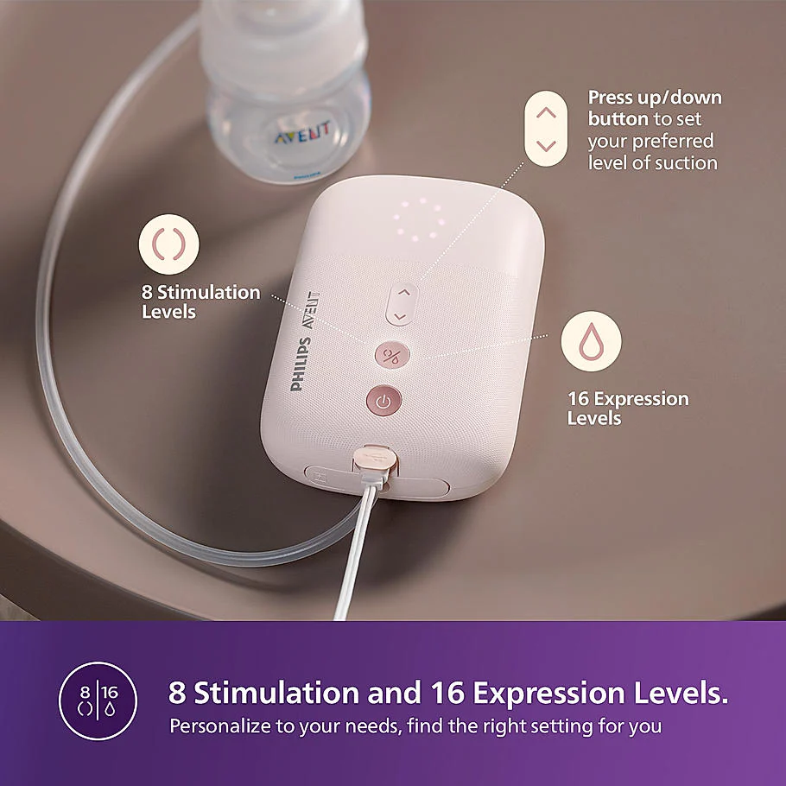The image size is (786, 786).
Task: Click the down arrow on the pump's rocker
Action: click(398, 317)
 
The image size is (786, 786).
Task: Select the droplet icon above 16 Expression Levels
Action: click(591, 342)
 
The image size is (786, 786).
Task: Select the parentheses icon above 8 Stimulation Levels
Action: click(169, 244)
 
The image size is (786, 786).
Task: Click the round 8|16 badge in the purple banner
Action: click(98, 700)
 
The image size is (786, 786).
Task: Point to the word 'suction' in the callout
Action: click(686, 162)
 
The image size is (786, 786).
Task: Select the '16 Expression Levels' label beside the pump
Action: click(627, 408)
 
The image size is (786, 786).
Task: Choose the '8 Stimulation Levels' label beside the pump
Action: click(200, 301)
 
